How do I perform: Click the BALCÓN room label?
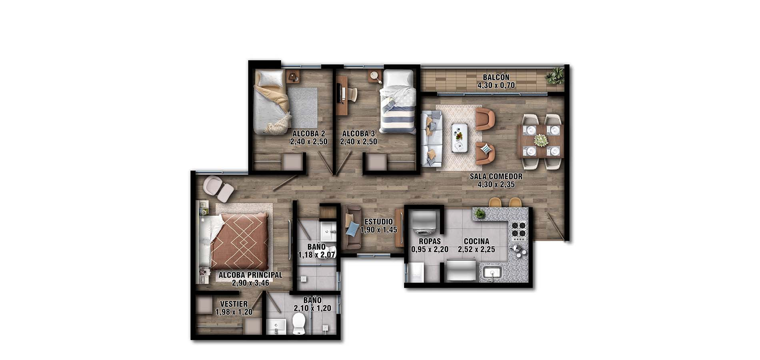[x=496, y=77]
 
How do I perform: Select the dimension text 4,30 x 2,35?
[x=496, y=185]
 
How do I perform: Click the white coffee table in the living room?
[x=459, y=138]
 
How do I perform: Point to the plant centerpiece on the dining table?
[x=541, y=140]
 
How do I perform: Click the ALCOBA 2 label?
[x=308, y=133]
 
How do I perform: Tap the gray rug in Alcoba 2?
[x=302, y=107]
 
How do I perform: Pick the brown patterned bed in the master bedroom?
[x=240, y=242]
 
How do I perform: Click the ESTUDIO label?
[x=378, y=222]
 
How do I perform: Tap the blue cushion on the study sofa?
[x=352, y=229]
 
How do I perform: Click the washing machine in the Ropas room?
[x=424, y=224]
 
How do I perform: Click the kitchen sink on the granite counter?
[x=492, y=273]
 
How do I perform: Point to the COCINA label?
[x=476, y=241]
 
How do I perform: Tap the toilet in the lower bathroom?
[x=299, y=323]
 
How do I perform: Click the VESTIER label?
[x=234, y=304]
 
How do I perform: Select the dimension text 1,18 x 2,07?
[x=316, y=255]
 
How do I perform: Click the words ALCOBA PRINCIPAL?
[x=250, y=275]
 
